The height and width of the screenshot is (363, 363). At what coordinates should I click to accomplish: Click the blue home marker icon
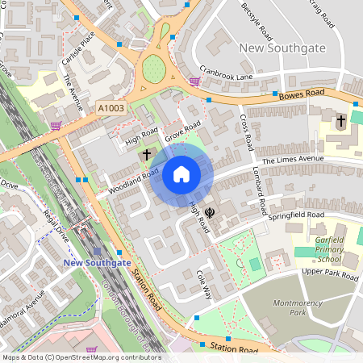(x=181, y=174)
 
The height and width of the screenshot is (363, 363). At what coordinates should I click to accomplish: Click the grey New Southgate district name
(x=282, y=48)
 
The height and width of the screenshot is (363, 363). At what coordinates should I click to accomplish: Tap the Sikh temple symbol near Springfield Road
(x=210, y=213)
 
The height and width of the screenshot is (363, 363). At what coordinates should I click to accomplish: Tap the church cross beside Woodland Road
(x=147, y=153)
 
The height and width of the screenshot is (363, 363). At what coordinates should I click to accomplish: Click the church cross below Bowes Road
(x=341, y=122)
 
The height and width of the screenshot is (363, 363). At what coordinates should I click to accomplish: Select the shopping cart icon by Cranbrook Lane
(x=194, y=81)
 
